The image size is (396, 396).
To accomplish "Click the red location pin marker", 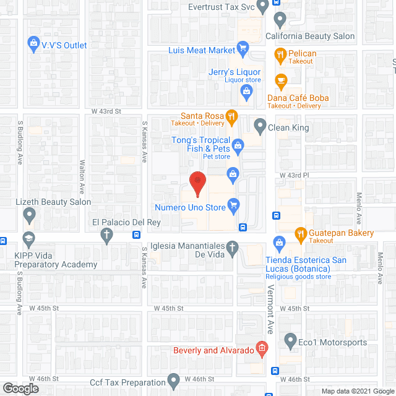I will pyautogui.click(x=197, y=181).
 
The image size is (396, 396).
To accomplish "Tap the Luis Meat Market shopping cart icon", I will pyautogui.click(x=243, y=49).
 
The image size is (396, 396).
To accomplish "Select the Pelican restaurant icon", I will pyautogui.click(x=280, y=54).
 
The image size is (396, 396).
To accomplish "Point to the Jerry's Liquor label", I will pyautogui.click(x=235, y=72).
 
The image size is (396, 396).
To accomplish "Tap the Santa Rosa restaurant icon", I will pyautogui.click(x=231, y=115).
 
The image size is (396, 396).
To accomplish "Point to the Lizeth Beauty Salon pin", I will pyautogui.click(x=28, y=215).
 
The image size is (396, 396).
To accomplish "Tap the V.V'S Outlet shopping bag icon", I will pyautogui.click(x=33, y=44).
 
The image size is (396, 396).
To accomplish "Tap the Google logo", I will pyautogui.click(x=20, y=388).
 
